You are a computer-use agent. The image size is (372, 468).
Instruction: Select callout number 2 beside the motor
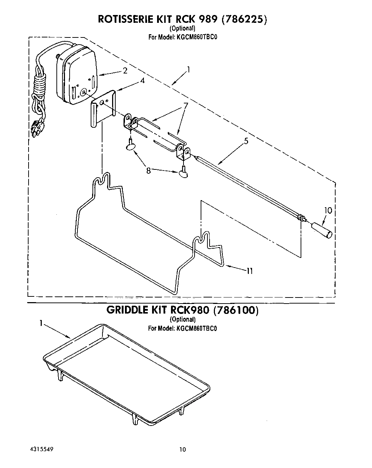pos(125,71)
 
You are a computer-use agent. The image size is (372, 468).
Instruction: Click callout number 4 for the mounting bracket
pos(142,81)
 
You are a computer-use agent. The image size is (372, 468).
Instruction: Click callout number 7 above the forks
pos(185,105)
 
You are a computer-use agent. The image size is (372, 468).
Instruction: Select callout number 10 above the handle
pos(328,210)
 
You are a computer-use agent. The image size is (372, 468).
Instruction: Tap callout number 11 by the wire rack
pos(250,271)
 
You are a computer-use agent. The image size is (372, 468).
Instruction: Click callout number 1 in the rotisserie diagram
pos(188,70)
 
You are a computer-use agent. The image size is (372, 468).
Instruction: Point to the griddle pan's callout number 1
pos(41,323)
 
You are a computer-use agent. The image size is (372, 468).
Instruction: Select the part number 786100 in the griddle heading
pos(235,310)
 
